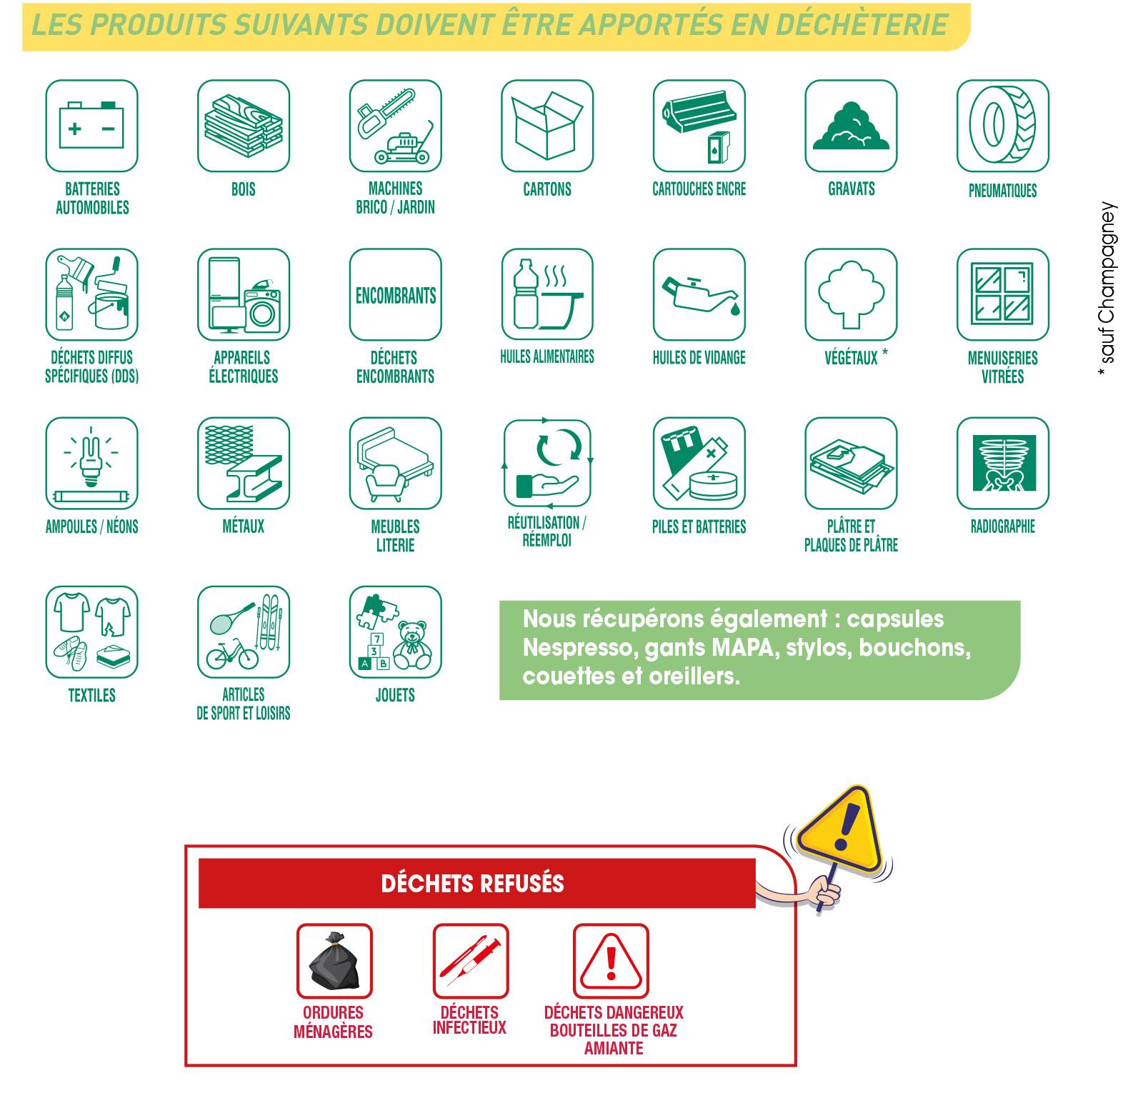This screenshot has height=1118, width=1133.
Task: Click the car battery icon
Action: click(91, 126)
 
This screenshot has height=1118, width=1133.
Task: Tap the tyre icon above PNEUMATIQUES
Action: click(1002, 126)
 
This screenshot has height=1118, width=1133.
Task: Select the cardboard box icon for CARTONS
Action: click(547, 126)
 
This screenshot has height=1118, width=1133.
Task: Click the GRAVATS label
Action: click(851, 189)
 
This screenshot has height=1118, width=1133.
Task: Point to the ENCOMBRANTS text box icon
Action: click(395, 295)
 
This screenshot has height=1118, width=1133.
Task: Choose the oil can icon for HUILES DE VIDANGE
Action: click(699, 295)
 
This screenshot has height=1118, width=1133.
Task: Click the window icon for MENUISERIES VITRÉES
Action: click(1002, 295)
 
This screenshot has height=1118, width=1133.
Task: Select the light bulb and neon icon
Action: click(91, 464)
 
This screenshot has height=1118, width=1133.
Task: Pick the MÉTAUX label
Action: click(243, 527)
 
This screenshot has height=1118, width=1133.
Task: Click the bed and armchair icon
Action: click(395, 464)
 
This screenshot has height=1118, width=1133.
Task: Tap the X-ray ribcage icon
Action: click(1002, 464)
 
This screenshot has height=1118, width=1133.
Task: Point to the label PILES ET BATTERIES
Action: click(699, 527)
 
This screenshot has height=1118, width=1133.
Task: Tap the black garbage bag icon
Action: click(334, 961)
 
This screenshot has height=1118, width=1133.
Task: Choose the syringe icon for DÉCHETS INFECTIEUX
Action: click(470, 961)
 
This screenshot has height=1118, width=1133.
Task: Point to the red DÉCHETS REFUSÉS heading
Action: click(473, 884)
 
